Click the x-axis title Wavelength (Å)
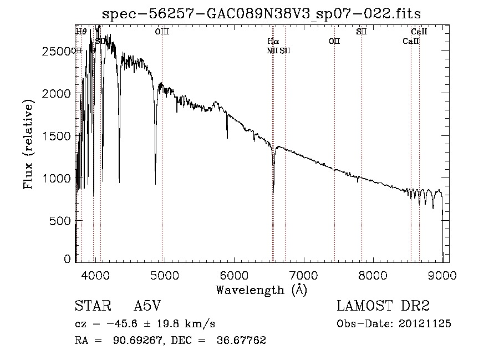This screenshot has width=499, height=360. coord(261,290)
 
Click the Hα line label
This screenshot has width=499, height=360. coord(273,42)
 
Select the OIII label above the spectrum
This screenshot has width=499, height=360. coord(162,32)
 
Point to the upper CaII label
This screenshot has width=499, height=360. coord(419,32)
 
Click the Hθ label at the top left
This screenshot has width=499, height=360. coord(81,32)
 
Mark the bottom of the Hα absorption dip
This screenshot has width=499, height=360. coord(273,190)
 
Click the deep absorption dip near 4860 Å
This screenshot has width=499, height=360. coord(155,183)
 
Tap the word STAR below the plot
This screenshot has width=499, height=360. coord(89,306)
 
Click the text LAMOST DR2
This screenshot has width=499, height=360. coord(383,306)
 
